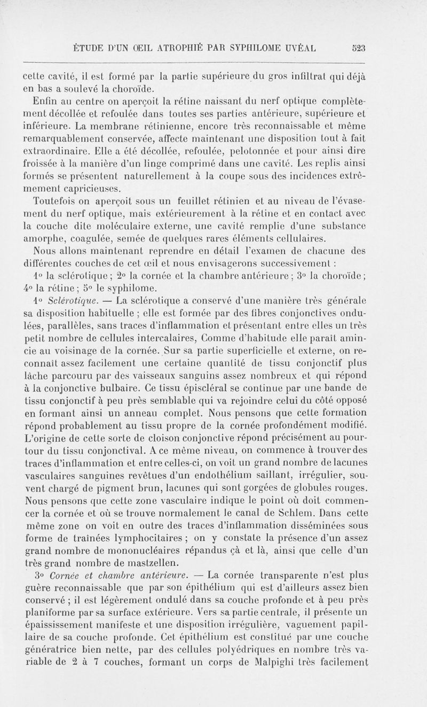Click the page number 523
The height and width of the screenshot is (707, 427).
click(357, 48)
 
